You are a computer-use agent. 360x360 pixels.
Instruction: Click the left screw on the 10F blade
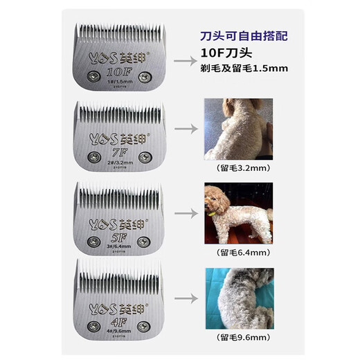[90, 74]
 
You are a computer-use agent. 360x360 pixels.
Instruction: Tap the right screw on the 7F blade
[144, 157]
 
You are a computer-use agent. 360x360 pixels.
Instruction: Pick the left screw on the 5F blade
[91, 240]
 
